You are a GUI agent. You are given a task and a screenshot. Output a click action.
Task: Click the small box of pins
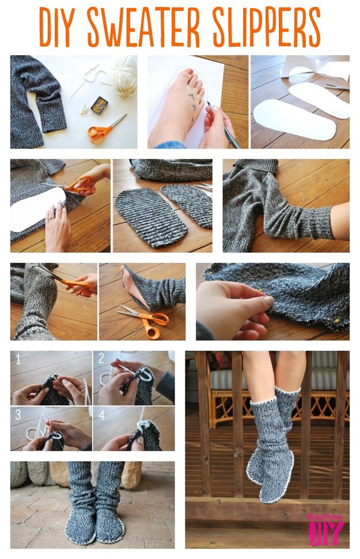point(99,105)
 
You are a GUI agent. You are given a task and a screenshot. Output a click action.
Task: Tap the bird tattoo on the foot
point(192,101)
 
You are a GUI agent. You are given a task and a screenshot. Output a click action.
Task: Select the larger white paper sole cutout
point(294,119)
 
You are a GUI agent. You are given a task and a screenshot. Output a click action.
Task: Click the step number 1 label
point(18,359)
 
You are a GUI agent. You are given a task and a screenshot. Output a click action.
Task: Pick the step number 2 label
point(101,358)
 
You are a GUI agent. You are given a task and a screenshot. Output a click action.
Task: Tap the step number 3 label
point(18,415)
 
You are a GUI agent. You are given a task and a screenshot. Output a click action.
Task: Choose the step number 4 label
point(102,415)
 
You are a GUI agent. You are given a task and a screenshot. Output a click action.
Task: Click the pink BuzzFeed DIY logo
point(325,529)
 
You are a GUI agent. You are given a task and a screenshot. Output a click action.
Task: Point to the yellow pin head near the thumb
point(261,291)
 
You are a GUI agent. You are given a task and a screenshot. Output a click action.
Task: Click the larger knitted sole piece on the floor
point(151,217)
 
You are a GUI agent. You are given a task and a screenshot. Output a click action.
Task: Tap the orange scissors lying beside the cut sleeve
point(145,320)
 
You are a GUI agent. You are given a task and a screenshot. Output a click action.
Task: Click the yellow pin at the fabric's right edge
point(336,321)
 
